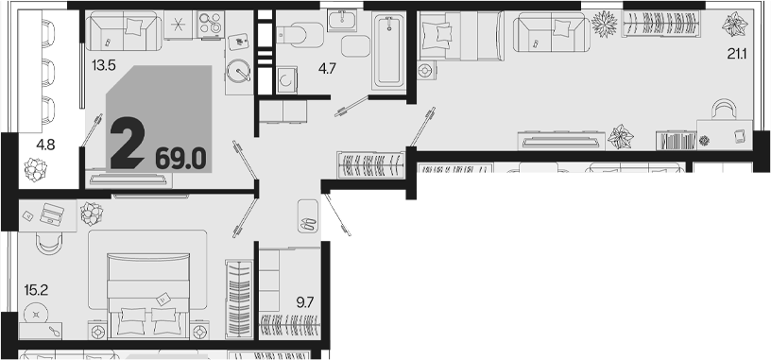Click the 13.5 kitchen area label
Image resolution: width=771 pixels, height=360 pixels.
(x=103, y=65)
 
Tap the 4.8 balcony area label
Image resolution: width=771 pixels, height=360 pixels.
(x=45, y=146)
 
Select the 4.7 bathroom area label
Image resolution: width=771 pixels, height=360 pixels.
(x=327, y=69)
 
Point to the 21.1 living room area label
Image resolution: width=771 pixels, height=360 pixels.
(x=737, y=54)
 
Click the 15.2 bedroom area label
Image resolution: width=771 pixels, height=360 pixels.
(x=36, y=290)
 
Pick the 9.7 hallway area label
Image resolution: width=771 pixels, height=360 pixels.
(x=304, y=302)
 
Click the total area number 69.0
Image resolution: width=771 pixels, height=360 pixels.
(x=180, y=159)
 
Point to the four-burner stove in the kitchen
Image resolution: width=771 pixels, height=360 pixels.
(x=211, y=25)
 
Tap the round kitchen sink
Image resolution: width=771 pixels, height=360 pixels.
(x=239, y=72)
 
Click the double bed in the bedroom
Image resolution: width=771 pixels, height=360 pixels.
(x=148, y=295)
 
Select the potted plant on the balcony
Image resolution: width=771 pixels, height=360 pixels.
(x=34, y=169)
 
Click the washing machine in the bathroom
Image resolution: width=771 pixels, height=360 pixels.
(x=285, y=79)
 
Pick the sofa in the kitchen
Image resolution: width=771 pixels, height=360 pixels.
(x=124, y=31)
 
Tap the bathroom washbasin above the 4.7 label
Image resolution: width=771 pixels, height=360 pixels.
(x=342, y=20)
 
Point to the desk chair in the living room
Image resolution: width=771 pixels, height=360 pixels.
(x=725, y=110)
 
